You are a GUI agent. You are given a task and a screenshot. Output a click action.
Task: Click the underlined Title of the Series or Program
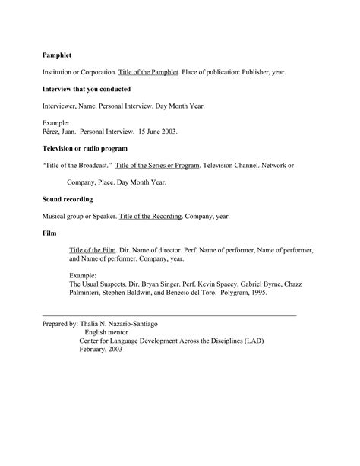pos(158,165)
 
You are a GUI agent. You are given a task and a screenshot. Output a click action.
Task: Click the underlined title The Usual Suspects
pos(98,284)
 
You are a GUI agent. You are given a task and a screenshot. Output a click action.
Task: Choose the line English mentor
pos(106,332)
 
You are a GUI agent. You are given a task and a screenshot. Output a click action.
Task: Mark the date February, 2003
pos(100,350)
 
